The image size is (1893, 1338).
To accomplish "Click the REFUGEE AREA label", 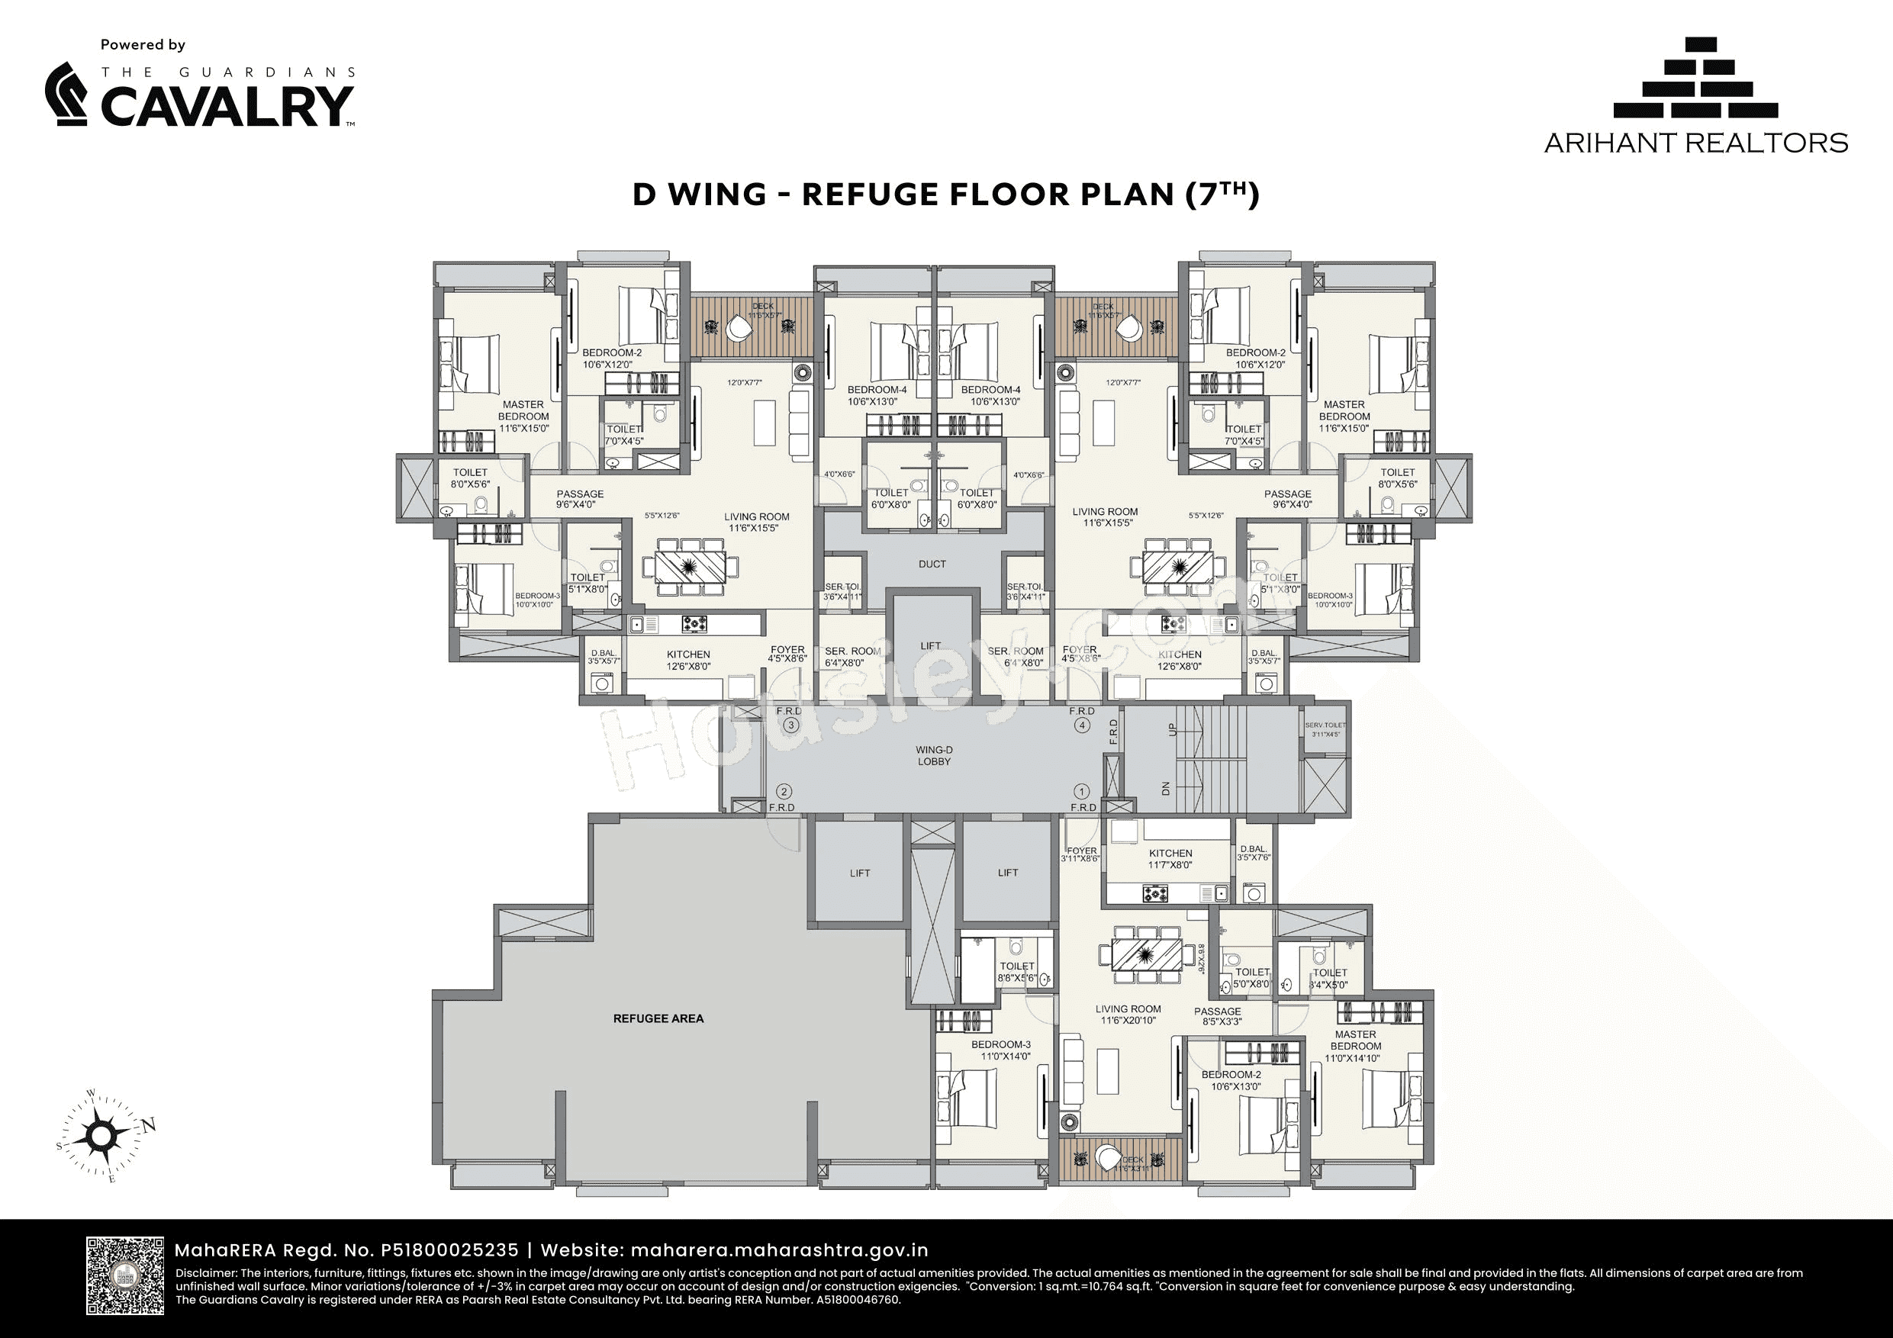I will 658,1018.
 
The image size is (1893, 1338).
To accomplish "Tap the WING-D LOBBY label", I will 933,756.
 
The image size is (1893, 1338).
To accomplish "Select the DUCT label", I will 932,564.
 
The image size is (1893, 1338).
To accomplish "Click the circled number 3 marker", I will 790,725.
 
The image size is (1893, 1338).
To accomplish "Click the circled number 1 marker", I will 1083,790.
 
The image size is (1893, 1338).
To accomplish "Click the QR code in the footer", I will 125,1275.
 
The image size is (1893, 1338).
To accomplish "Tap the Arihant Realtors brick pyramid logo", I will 1695,79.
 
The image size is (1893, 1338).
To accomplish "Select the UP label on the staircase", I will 1171,729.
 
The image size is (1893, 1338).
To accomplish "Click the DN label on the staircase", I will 1166,788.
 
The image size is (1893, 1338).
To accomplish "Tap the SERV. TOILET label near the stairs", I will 1325,729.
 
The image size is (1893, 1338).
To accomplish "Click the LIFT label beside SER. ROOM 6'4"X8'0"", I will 930,646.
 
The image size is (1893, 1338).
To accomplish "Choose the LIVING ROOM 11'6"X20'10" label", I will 1128,1015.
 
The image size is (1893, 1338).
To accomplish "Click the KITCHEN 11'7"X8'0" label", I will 1170,859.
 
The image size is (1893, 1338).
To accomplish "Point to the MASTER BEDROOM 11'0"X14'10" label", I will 1354,1045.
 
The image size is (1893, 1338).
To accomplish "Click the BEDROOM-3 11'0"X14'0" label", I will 1005,1050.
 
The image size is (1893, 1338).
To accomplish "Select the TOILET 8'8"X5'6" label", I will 1016,971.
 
